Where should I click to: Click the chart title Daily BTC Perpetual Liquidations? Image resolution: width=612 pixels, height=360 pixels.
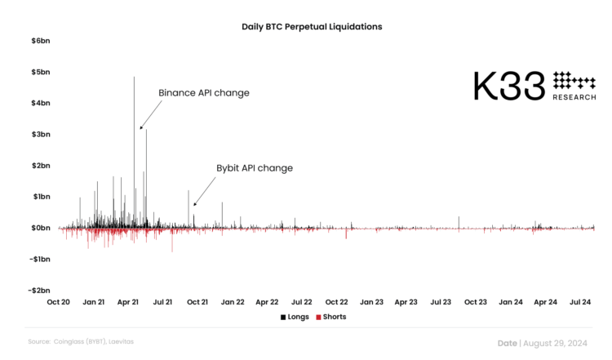[312, 27]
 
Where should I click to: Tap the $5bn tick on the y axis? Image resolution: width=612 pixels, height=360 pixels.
[40, 72]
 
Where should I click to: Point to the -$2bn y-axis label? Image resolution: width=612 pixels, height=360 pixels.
[38, 291]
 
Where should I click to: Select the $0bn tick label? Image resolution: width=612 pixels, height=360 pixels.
[40, 228]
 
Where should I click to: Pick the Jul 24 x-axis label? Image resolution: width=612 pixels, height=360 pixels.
[580, 302]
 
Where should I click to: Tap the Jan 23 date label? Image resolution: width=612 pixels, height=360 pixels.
[372, 302]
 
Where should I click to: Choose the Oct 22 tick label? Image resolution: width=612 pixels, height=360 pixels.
[337, 302]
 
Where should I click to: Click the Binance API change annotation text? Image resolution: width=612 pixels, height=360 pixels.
[204, 93]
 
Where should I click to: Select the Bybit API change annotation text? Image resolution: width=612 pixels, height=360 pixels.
[255, 168]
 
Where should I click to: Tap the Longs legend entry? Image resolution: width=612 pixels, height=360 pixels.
[295, 317]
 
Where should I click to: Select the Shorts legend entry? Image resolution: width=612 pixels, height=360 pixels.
[330, 317]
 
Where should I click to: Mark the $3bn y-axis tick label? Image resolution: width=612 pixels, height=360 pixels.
[40, 134]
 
